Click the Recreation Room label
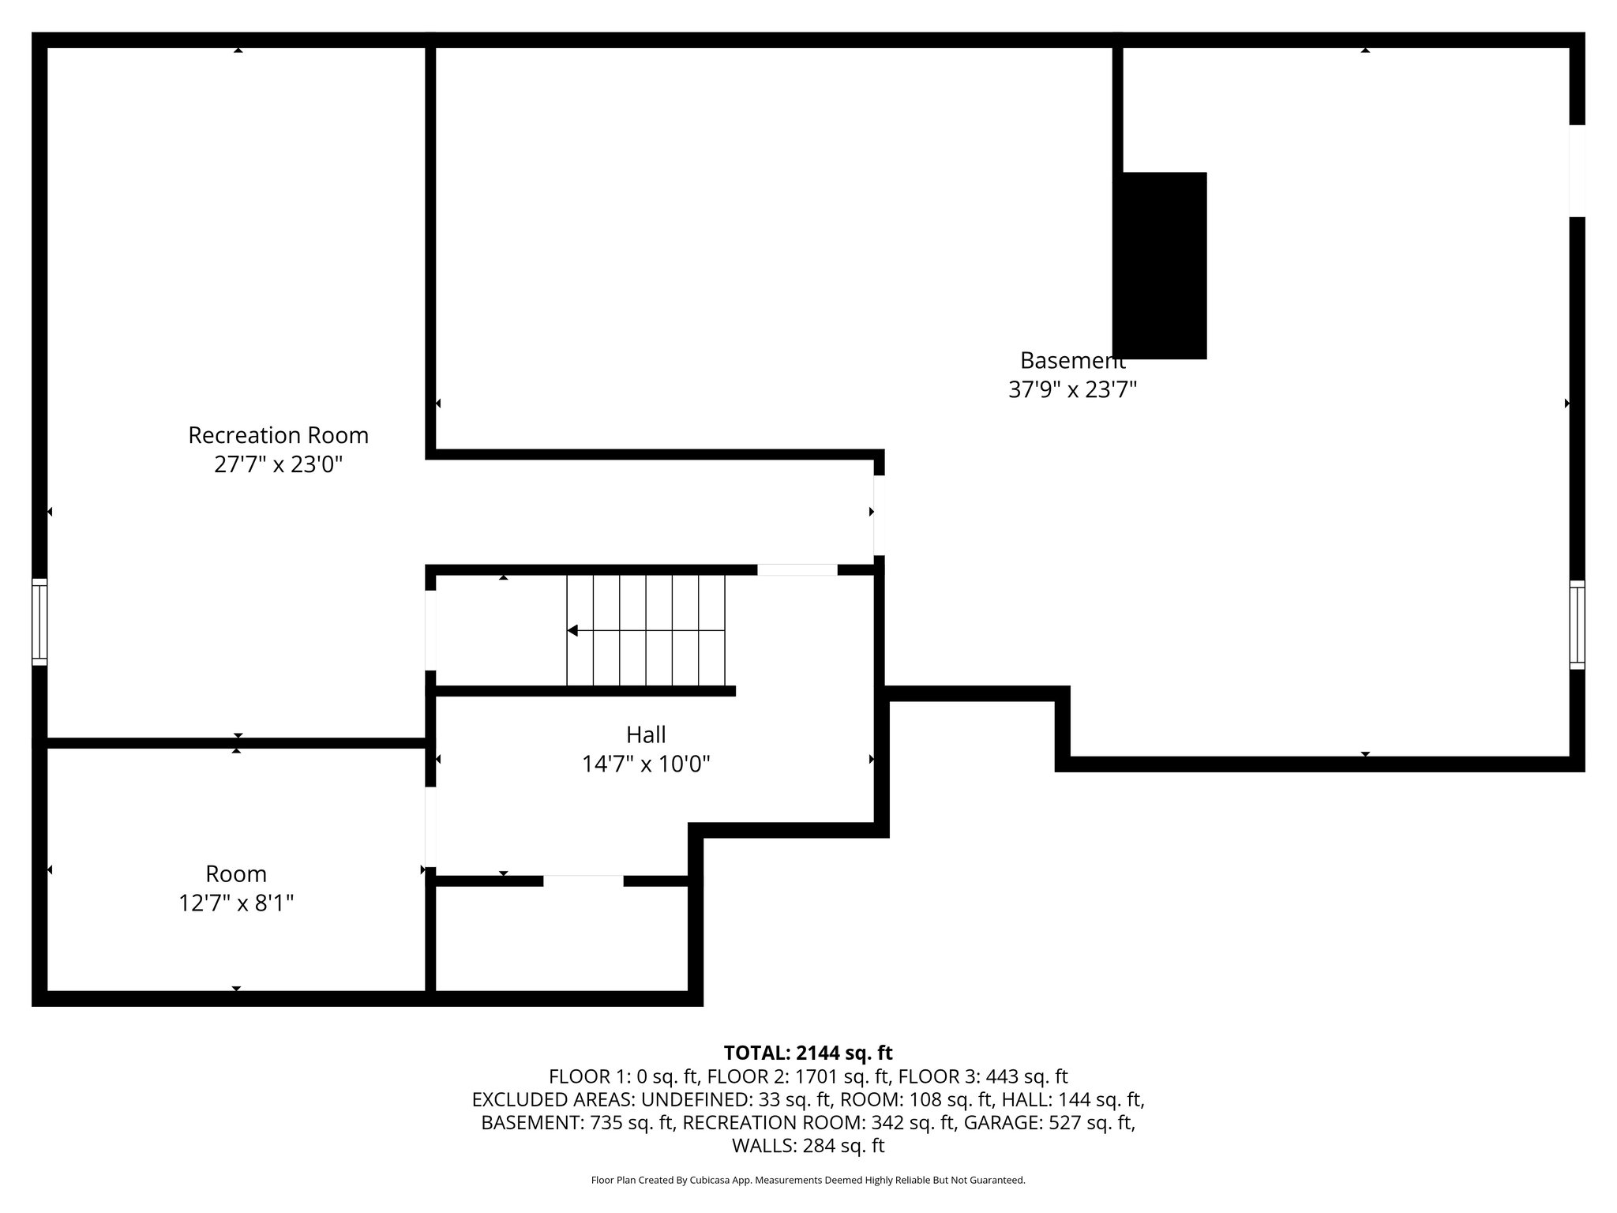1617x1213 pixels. (x=278, y=435)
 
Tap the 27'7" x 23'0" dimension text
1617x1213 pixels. (x=278, y=464)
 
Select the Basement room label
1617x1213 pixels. (x=1072, y=360)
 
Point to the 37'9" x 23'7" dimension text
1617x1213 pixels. (x=1072, y=389)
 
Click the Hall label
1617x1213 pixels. (x=646, y=734)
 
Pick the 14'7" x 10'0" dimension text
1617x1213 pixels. (x=646, y=764)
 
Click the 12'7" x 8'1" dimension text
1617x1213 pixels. (x=236, y=903)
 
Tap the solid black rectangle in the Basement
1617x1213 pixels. (x=1160, y=265)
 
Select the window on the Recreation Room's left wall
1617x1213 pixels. (x=39, y=622)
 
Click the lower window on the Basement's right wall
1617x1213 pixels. (x=1577, y=625)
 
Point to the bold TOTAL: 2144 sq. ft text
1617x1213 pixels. (x=808, y=1053)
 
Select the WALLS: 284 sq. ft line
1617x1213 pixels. (x=808, y=1145)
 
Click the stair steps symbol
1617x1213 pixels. (x=646, y=630)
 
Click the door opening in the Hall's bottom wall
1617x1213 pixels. (x=583, y=881)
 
